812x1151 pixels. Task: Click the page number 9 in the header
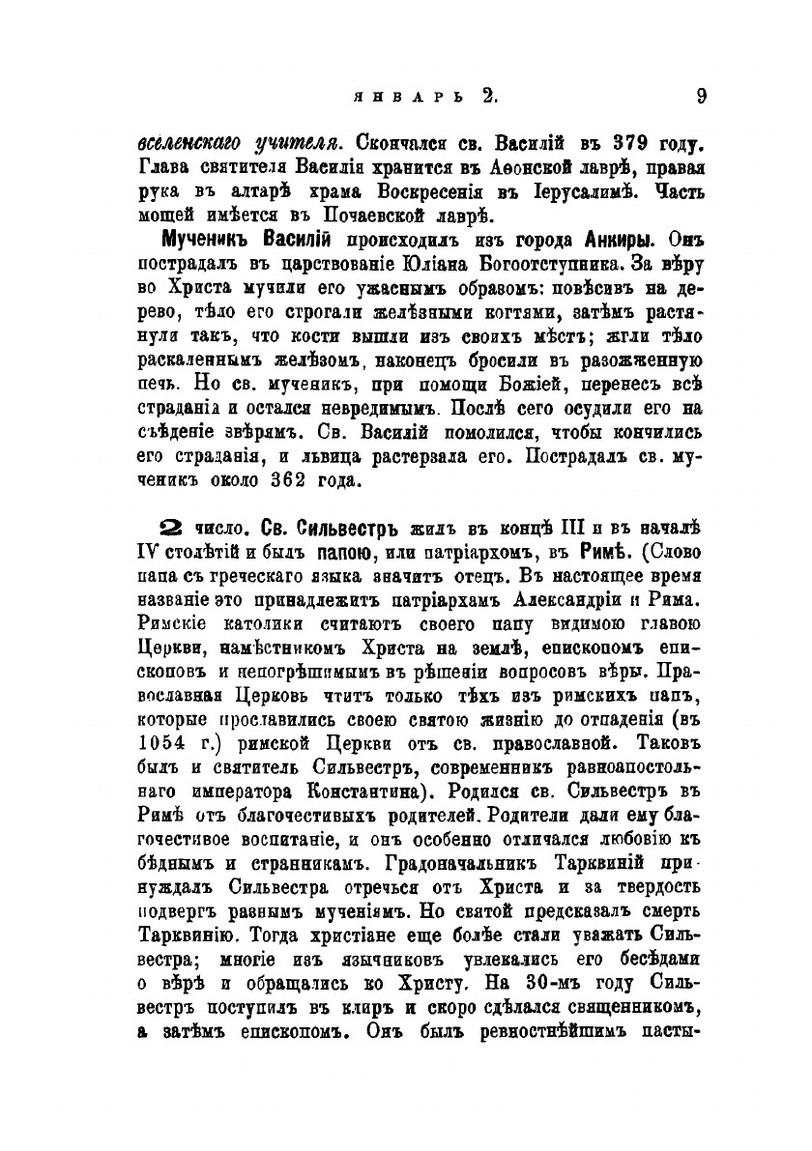point(702,95)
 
